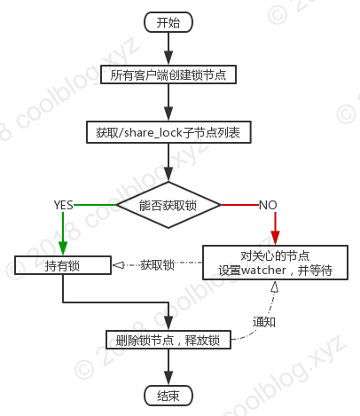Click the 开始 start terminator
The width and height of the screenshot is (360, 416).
(168, 22)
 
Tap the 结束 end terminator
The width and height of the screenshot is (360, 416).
(168, 396)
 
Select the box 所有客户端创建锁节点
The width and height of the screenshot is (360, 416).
(168, 75)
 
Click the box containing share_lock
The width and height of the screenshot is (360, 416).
(168, 132)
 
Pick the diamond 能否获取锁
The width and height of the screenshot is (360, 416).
(168, 205)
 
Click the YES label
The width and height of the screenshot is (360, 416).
(63, 205)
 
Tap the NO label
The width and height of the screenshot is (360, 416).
(268, 205)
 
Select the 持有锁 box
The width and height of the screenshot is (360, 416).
(63, 265)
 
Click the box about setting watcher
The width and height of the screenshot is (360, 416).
(275, 263)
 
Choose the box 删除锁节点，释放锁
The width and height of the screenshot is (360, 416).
(168, 340)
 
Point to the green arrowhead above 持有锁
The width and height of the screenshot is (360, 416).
(63, 248)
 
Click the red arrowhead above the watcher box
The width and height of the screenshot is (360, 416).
(275, 238)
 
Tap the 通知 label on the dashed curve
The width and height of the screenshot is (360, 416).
(264, 322)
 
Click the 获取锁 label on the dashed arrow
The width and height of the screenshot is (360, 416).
(157, 264)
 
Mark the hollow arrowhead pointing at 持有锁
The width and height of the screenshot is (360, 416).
(118, 265)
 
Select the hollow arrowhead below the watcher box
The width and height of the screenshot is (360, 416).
(275, 286)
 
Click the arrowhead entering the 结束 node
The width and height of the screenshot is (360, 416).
(168, 379)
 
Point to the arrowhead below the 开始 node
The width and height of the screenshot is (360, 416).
(168, 59)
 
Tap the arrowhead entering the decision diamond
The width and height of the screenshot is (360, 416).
(168, 174)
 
